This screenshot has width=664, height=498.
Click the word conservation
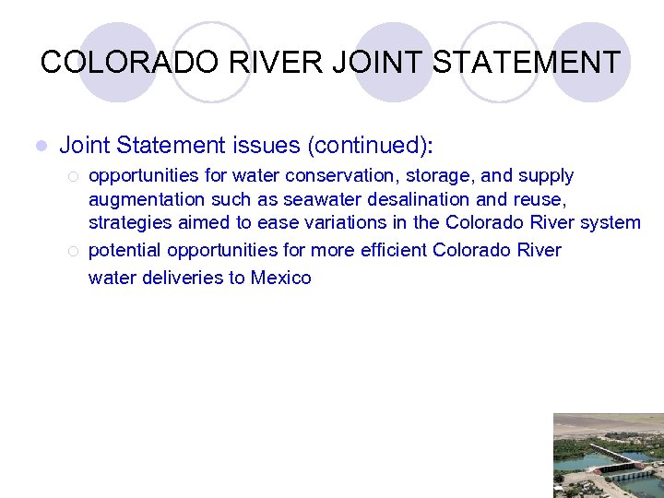point(322,175)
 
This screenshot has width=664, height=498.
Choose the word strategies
point(130,222)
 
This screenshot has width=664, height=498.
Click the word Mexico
point(280,278)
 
